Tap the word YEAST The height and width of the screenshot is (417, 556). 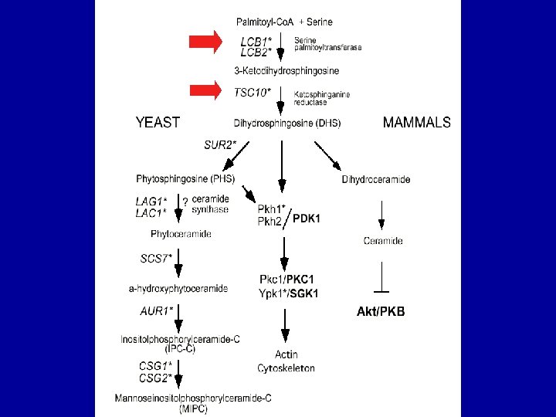tap(158, 122)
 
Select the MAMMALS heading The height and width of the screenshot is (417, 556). tap(417, 122)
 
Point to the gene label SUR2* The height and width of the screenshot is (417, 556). tap(220, 144)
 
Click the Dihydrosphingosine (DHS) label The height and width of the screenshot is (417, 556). tap(286, 123)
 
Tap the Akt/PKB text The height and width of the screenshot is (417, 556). tap(381, 312)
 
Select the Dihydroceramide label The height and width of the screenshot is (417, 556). tap(375, 179)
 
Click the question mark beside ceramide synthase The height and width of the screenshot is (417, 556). tap(185, 202)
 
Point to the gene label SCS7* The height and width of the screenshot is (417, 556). tap(156, 259)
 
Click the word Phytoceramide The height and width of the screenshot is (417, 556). tap(181, 233)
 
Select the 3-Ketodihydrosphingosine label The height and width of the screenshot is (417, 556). tap(286, 69)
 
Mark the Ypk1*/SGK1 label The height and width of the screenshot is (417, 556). tap(290, 293)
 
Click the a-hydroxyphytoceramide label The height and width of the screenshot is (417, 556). tap(178, 288)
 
